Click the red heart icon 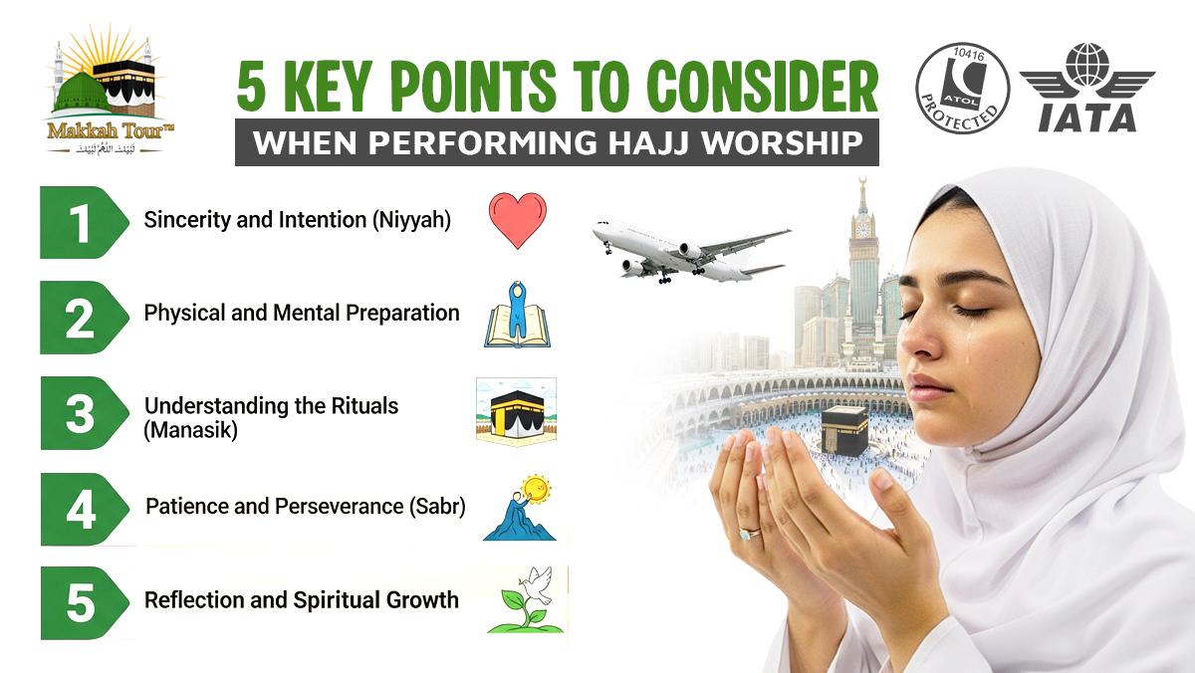coord(518,220)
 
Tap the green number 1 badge coord(81,221)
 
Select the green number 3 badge coord(81,414)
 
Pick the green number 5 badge coord(81,603)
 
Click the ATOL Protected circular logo coord(962,91)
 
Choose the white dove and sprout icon coord(526,600)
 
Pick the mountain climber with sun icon coord(519,509)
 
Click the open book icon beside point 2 coord(516,317)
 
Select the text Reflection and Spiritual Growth coord(302,600)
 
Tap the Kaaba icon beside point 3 coord(516,410)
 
